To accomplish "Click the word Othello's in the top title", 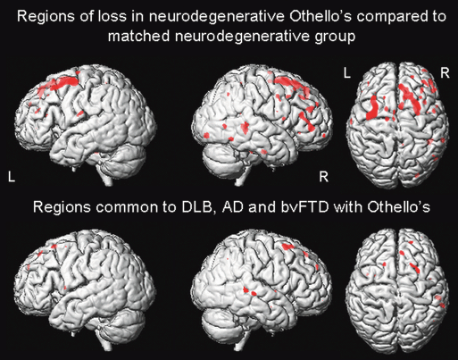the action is [321, 16].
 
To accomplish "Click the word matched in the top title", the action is [139, 37].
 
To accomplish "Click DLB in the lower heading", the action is [197, 207].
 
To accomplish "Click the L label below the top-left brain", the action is [12, 177].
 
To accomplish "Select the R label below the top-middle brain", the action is [323, 177].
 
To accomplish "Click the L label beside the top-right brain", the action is [347, 73].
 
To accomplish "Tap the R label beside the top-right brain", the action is [445, 73].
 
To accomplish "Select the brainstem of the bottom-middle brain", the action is [238, 343].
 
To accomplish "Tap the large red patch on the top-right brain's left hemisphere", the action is [372, 109].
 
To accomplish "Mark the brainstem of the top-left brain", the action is [106, 178].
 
